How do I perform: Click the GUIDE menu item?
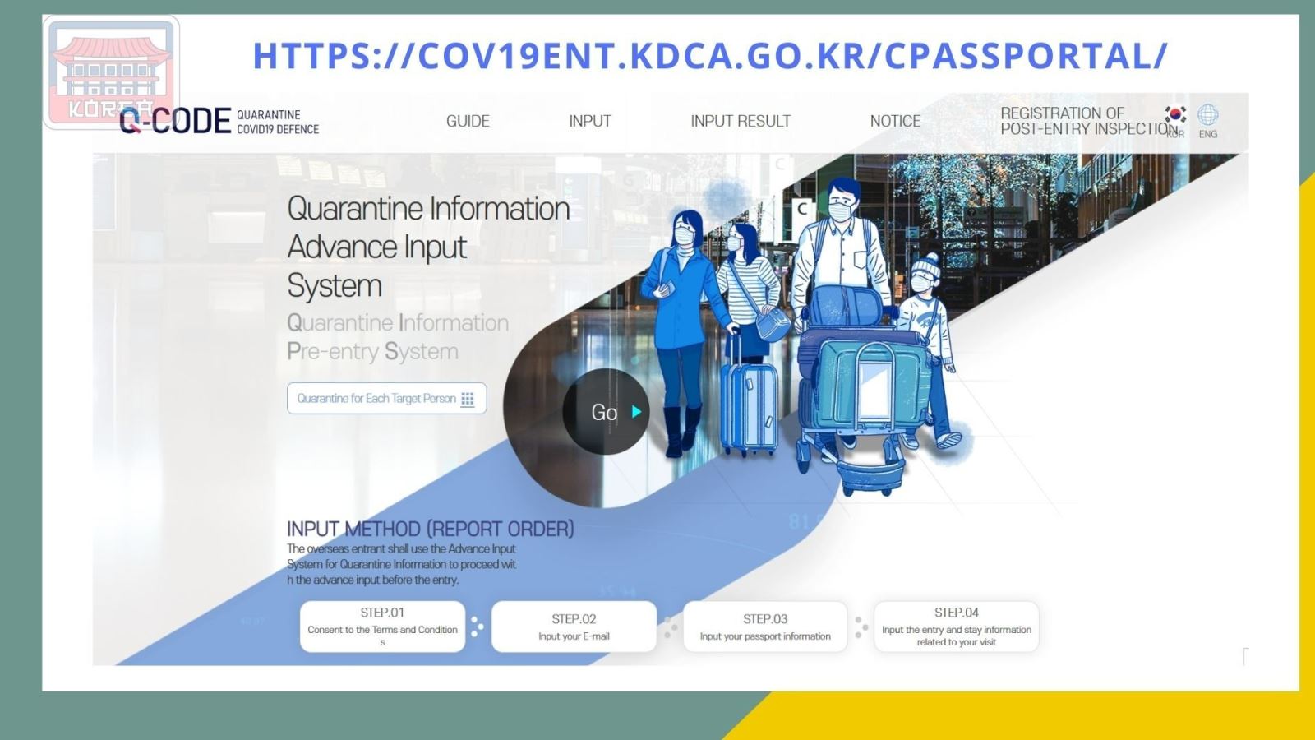(468, 121)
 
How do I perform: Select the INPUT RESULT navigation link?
(741, 121)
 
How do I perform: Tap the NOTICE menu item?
(895, 121)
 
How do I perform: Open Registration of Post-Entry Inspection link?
(1089, 121)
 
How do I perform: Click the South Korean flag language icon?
(1175, 114)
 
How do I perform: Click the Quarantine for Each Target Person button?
(387, 398)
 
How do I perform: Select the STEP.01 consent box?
(382, 627)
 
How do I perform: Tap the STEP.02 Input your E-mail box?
(574, 627)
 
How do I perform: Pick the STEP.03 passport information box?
(765, 627)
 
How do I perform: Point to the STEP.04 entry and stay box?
(957, 627)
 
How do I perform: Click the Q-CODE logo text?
(175, 121)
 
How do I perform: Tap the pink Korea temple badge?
(112, 72)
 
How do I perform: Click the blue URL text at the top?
(710, 56)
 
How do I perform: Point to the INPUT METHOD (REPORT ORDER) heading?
(431, 530)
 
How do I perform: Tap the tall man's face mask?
(840, 211)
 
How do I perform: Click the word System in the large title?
(335, 286)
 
